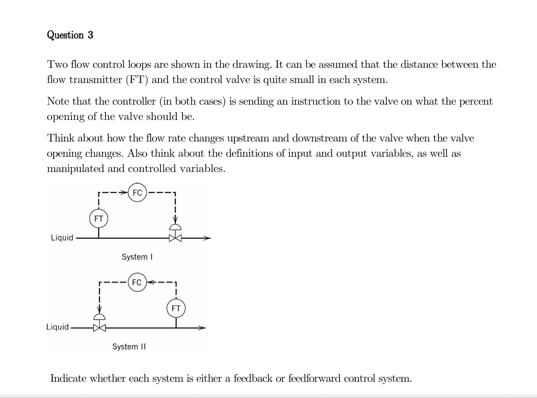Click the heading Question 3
tap(70, 35)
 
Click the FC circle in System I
tap(137, 193)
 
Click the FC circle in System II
tap(137, 283)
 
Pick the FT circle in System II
tap(176, 309)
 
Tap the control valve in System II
tap(100, 327)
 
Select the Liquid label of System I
tap(62, 238)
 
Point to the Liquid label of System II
tap(57, 327)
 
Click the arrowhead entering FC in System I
tap(125, 193)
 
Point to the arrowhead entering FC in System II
tap(150, 283)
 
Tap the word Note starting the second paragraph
tap(57, 102)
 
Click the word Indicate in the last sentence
tap(69, 378)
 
